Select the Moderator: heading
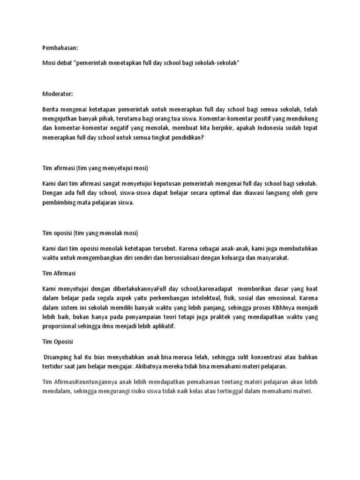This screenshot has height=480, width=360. tap(58, 94)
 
